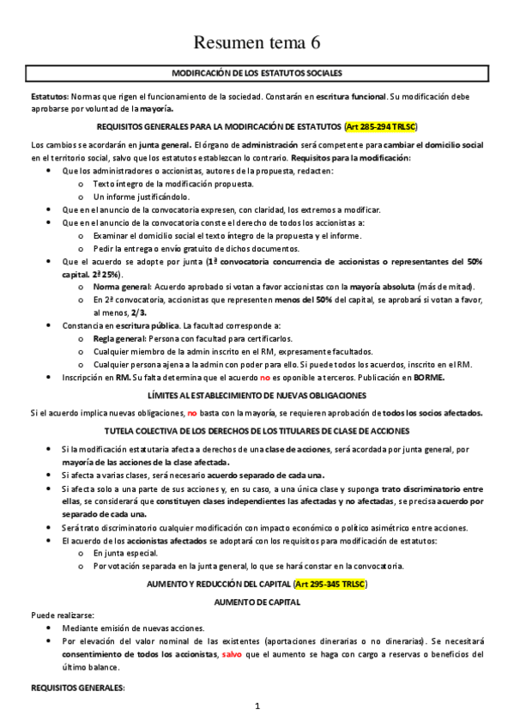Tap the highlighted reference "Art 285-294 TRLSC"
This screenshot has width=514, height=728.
click(379, 126)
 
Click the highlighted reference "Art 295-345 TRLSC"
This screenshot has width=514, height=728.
click(330, 584)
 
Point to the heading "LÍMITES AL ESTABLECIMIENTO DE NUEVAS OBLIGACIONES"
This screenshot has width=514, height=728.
click(257, 395)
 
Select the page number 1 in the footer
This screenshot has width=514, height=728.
click(257, 707)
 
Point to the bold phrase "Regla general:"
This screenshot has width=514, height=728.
click(119, 339)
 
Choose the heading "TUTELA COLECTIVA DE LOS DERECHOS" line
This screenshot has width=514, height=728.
click(257, 429)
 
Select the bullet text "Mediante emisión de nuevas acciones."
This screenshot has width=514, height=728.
click(133, 628)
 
